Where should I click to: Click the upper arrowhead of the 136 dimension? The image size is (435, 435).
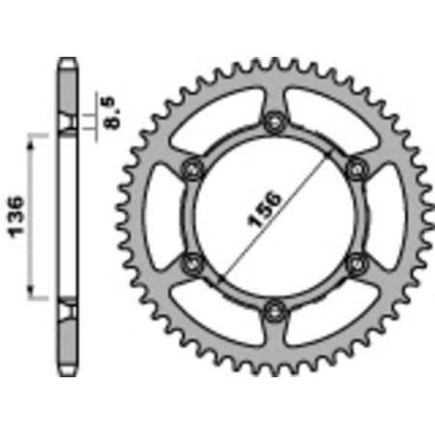pyautogui.click(x=36, y=138)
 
